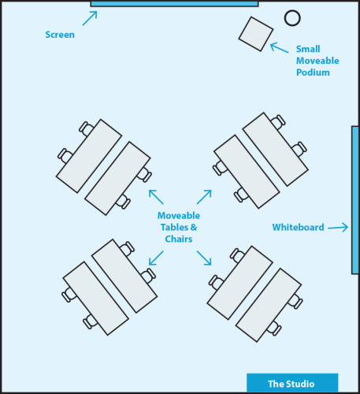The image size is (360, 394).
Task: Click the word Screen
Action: (x=60, y=35)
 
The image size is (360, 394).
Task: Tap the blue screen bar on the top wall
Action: (x=174, y=4)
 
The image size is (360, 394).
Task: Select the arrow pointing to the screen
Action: (x=90, y=18)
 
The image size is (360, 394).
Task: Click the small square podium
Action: (x=256, y=34)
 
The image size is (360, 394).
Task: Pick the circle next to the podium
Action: (x=292, y=18)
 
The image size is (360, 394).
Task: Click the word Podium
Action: (x=313, y=72)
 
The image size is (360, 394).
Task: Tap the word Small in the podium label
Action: (x=308, y=49)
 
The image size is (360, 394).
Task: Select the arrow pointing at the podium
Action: (x=280, y=47)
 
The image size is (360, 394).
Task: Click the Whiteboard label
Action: (x=298, y=227)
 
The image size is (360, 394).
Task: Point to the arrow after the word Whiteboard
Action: (x=338, y=227)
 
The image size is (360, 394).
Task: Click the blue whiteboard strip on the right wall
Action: (x=355, y=200)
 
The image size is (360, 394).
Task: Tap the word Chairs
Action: (x=179, y=239)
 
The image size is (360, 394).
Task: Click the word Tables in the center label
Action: (x=174, y=227)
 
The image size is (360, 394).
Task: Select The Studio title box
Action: (x=292, y=383)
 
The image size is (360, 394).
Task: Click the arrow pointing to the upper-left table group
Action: (x=156, y=197)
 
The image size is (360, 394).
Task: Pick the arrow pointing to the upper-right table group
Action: (x=204, y=197)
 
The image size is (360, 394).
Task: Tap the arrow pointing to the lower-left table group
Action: (x=156, y=258)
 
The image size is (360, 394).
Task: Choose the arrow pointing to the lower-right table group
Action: (x=204, y=258)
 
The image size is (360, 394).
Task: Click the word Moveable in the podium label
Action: (x=317, y=61)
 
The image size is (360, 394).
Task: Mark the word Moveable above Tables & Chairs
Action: (x=179, y=216)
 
